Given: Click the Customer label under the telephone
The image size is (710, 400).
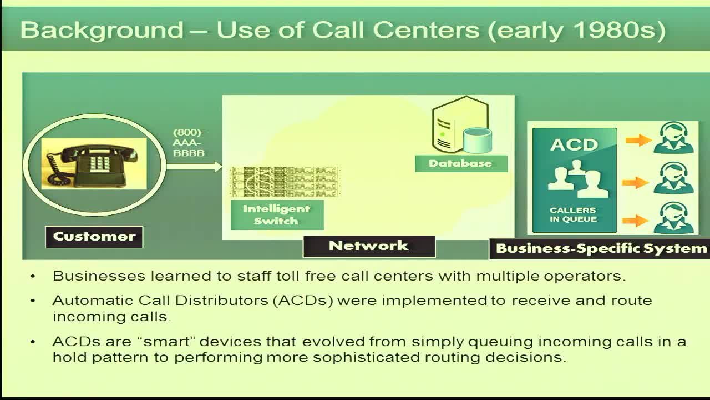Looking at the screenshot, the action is point(94,237).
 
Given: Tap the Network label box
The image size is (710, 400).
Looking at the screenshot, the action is point(369,246).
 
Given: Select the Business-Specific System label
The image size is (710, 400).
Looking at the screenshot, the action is point(600,249).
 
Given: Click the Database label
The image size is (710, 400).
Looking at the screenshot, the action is point(461,163).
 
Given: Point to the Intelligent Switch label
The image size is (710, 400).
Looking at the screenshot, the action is point(277,215).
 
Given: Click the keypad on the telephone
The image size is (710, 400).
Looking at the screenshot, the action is point(99,164).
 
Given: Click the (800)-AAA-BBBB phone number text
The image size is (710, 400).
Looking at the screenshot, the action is point(189,143).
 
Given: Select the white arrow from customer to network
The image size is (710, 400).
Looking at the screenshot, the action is point(194,166).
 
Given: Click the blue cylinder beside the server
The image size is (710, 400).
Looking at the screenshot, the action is point(477,141).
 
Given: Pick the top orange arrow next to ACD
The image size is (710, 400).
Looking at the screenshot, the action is point(638,140).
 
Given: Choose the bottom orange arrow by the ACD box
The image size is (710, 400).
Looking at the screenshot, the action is point(635,221).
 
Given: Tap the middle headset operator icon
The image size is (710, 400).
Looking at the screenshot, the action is point(673,178).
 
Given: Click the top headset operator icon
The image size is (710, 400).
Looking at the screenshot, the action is point(673,138).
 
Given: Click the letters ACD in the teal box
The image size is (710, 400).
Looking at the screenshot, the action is point(574,145).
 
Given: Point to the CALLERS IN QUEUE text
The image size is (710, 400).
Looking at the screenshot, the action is point(574,214).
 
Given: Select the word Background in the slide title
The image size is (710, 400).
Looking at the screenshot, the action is point(102,31).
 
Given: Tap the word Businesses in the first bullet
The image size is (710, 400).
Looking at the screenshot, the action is point(99,276).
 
